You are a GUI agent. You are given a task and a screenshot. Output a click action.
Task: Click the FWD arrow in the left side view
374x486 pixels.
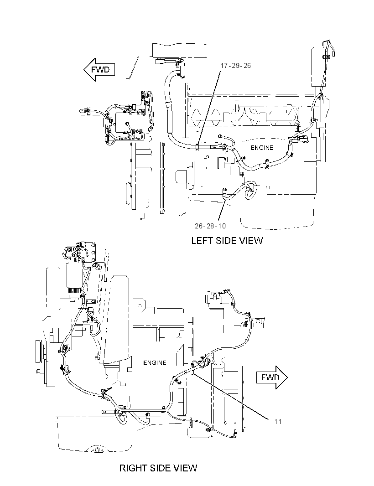tap(99, 70)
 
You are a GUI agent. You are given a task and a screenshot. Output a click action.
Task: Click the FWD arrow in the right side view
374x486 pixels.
tap(272, 377)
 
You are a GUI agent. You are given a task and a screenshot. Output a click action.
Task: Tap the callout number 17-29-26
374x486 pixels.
tap(236, 66)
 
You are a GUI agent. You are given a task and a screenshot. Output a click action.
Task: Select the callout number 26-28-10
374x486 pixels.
tap(210, 226)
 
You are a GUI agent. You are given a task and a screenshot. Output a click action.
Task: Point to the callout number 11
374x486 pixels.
tap(278, 422)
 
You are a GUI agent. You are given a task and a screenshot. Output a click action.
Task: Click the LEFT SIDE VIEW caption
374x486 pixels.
tap(227, 241)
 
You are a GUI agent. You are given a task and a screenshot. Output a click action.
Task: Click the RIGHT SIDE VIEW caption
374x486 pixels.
tap(158, 468)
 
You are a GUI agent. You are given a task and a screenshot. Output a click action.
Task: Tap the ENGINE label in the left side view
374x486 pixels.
tap(262, 148)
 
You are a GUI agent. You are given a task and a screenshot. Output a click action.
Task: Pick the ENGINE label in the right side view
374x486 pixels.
tap(155, 362)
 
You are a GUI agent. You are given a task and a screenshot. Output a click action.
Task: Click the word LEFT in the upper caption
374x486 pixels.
tap(202, 241)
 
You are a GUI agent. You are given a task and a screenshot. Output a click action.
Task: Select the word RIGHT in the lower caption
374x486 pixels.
tap(133, 468)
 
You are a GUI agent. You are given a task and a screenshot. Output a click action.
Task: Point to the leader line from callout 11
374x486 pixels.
tap(230, 397)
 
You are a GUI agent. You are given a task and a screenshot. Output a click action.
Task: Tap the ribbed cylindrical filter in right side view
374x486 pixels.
tap(74, 292)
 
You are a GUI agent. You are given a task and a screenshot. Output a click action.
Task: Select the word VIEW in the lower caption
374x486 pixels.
tap(184, 468)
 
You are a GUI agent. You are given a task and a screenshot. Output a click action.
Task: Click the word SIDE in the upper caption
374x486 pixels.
tap(226, 241)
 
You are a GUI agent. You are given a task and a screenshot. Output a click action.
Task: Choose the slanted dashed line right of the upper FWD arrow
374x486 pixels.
tap(133, 67)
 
